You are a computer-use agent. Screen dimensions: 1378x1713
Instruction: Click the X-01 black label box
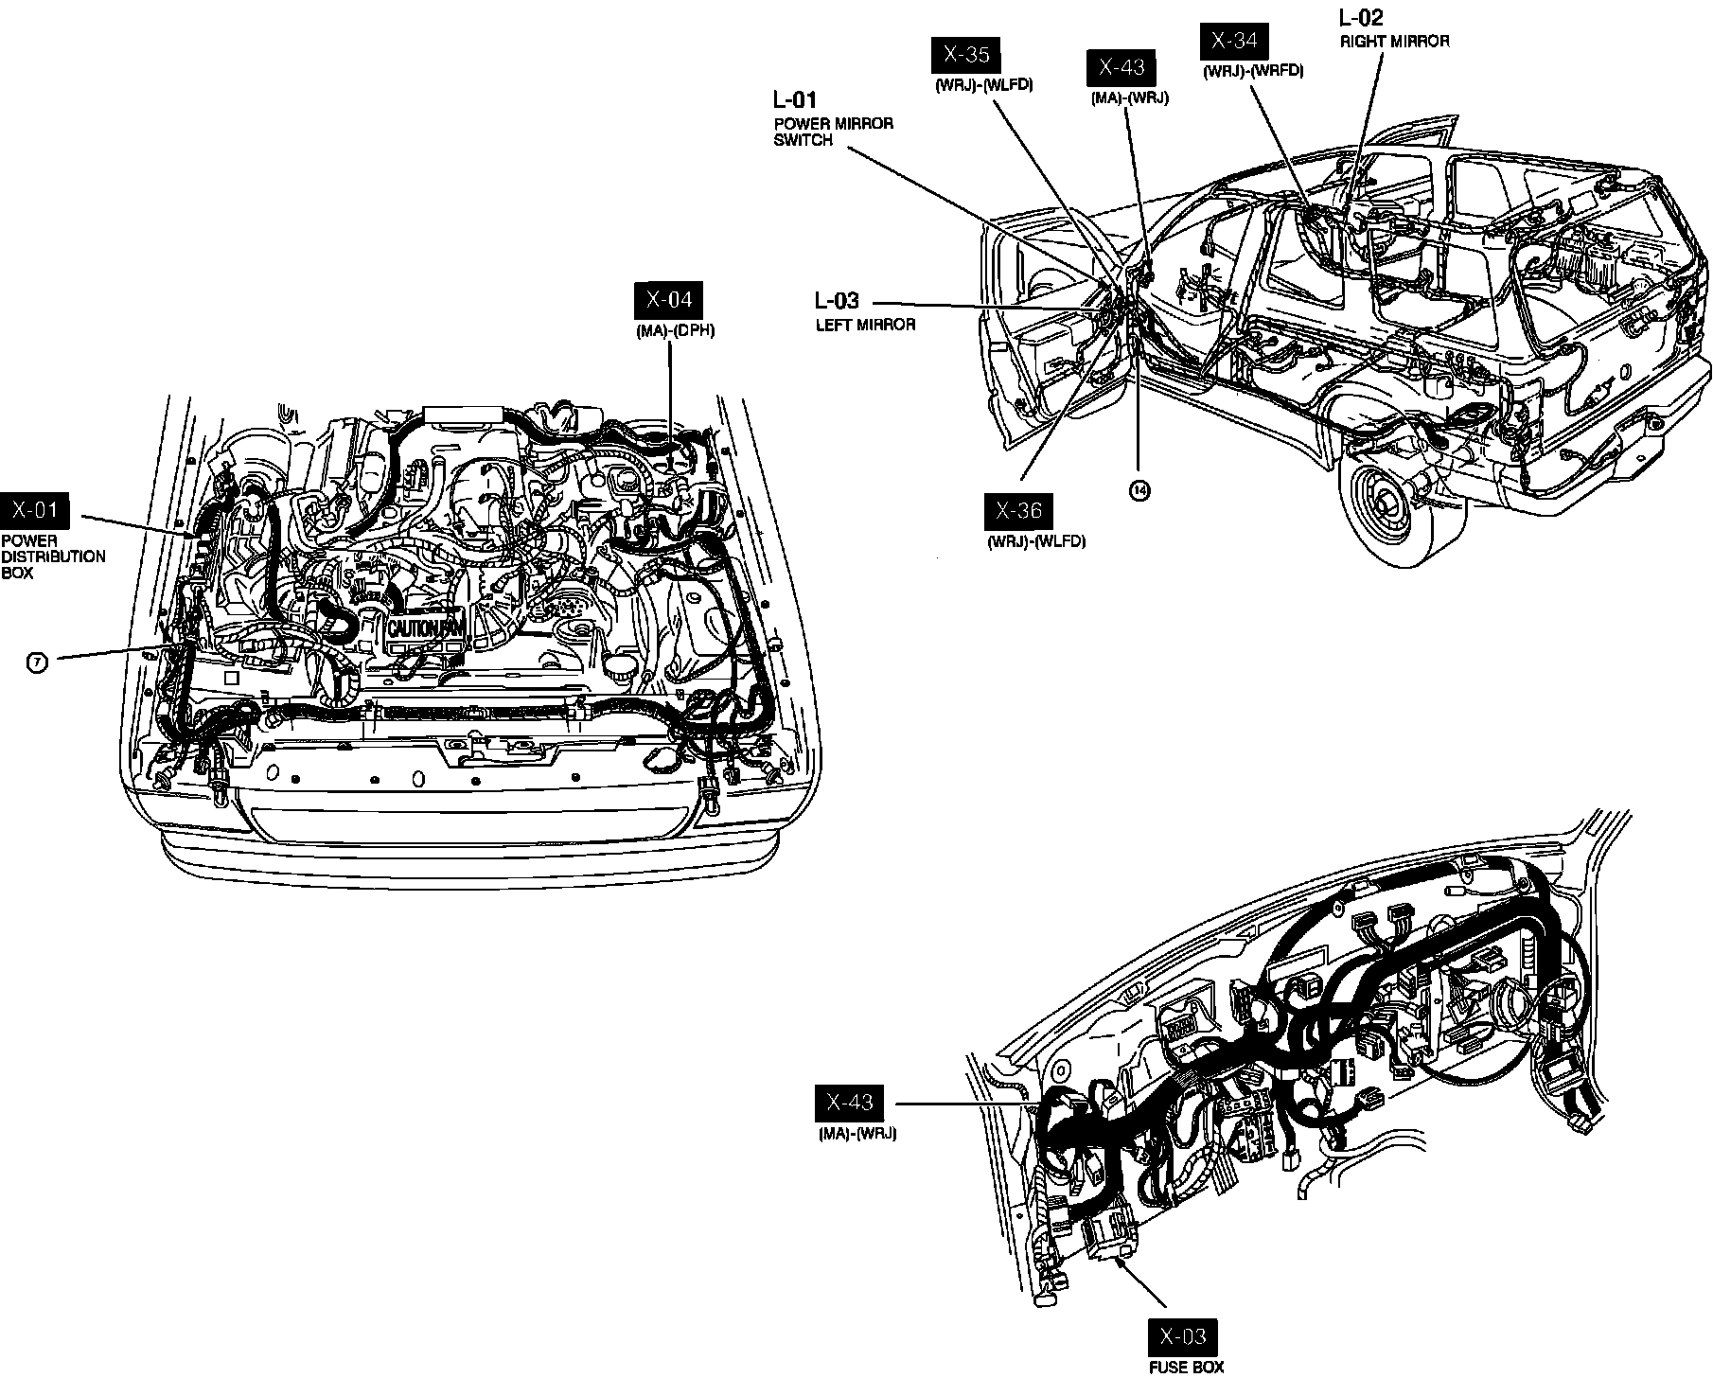tap(35, 511)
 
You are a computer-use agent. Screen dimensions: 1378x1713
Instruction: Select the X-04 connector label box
tap(669, 300)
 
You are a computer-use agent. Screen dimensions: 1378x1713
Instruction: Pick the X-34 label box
tap(1234, 40)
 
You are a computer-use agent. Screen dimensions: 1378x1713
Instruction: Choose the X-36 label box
tap(1018, 511)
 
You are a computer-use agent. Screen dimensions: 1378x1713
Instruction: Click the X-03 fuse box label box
tap(1183, 1336)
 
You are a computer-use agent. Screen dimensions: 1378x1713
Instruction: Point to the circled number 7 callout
tap(36, 662)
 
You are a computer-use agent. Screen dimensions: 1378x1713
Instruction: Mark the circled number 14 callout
tap(1139, 489)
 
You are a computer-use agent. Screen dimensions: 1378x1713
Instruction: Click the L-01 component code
tap(795, 99)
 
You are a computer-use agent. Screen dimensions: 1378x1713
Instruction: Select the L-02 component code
tap(1361, 17)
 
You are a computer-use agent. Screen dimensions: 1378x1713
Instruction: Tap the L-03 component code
tap(837, 301)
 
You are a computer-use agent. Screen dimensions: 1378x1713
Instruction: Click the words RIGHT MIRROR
tap(1394, 42)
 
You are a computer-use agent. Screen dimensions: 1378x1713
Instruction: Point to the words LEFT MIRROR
tap(865, 325)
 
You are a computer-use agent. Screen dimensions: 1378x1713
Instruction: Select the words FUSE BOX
tap(1186, 1367)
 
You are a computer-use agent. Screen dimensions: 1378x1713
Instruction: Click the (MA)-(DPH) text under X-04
tap(675, 331)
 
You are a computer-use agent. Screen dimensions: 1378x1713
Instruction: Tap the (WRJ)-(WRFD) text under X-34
tap(1253, 71)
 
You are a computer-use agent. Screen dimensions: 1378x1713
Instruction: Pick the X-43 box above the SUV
tap(1121, 67)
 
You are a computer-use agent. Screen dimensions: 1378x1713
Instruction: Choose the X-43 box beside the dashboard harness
tap(850, 1103)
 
